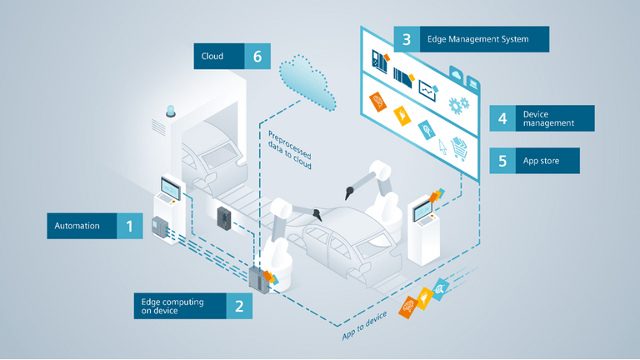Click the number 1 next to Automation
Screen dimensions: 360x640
[129, 226]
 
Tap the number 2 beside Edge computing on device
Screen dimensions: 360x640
[239, 306]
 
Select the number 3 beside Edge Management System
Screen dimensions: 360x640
[406, 39]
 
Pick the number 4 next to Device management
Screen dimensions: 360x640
[502, 118]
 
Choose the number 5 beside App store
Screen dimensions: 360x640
[502, 161]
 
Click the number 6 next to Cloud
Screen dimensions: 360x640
[257, 57]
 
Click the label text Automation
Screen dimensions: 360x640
[77, 226]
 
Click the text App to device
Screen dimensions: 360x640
[367, 326]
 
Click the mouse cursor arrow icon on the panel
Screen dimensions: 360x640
[442, 143]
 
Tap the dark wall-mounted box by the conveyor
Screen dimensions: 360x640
[224, 217]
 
